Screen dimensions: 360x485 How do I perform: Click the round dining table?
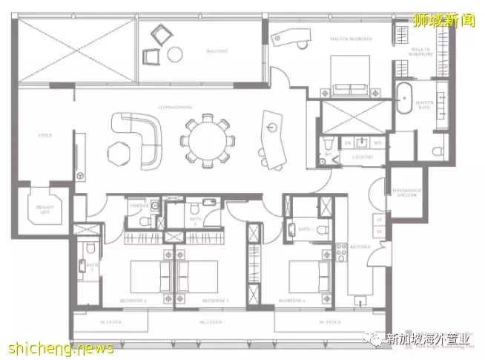pyautogui.click(x=208, y=140)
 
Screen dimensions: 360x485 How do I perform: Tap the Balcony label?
pyautogui.click(x=202, y=52)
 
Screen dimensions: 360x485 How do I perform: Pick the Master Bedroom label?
pyautogui.click(x=351, y=37)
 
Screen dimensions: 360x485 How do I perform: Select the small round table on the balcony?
pyautogui.click(x=175, y=53)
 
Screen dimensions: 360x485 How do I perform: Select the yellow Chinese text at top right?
pyautogui.click(x=444, y=20)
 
